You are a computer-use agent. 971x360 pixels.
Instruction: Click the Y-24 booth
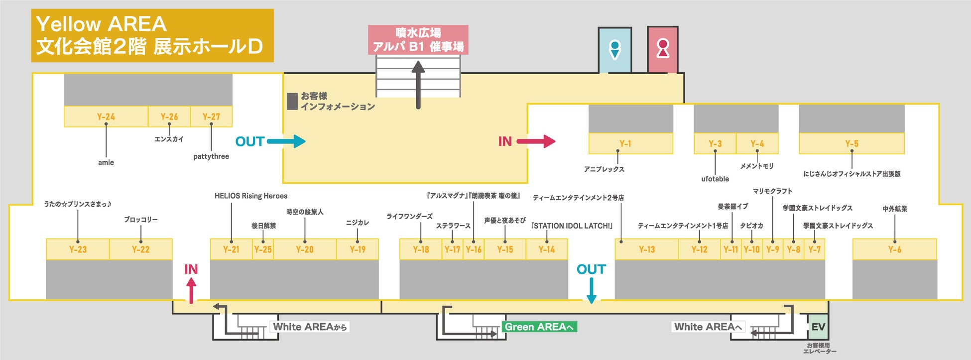click(x=106, y=117)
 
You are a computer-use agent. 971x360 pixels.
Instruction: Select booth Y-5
click(x=851, y=143)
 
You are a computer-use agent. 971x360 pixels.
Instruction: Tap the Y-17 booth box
click(x=452, y=249)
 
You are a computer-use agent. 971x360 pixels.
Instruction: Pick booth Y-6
click(x=894, y=249)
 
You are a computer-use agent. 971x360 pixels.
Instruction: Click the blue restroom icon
click(x=615, y=50)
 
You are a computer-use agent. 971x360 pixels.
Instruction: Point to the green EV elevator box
click(x=818, y=327)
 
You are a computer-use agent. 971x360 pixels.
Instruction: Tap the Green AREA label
click(x=540, y=327)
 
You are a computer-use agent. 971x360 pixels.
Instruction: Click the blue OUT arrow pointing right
click(x=286, y=141)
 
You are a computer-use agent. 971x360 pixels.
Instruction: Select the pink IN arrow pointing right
click(x=536, y=141)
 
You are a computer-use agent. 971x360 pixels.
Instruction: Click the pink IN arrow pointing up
click(x=191, y=290)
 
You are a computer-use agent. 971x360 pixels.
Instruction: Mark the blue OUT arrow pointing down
click(x=591, y=290)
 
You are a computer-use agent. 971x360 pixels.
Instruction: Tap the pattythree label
click(x=211, y=156)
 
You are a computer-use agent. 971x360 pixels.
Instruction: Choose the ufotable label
click(x=715, y=179)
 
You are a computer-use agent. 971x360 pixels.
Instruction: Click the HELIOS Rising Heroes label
click(x=250, y=196)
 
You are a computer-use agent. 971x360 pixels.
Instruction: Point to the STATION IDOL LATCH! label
click(x=572, y=226)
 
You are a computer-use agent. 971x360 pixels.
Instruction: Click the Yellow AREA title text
click(x=102, y=24)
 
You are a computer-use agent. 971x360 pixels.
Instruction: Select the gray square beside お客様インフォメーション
click(x=292, y=101)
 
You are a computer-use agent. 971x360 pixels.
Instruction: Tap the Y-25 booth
click(x=263, y=249)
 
